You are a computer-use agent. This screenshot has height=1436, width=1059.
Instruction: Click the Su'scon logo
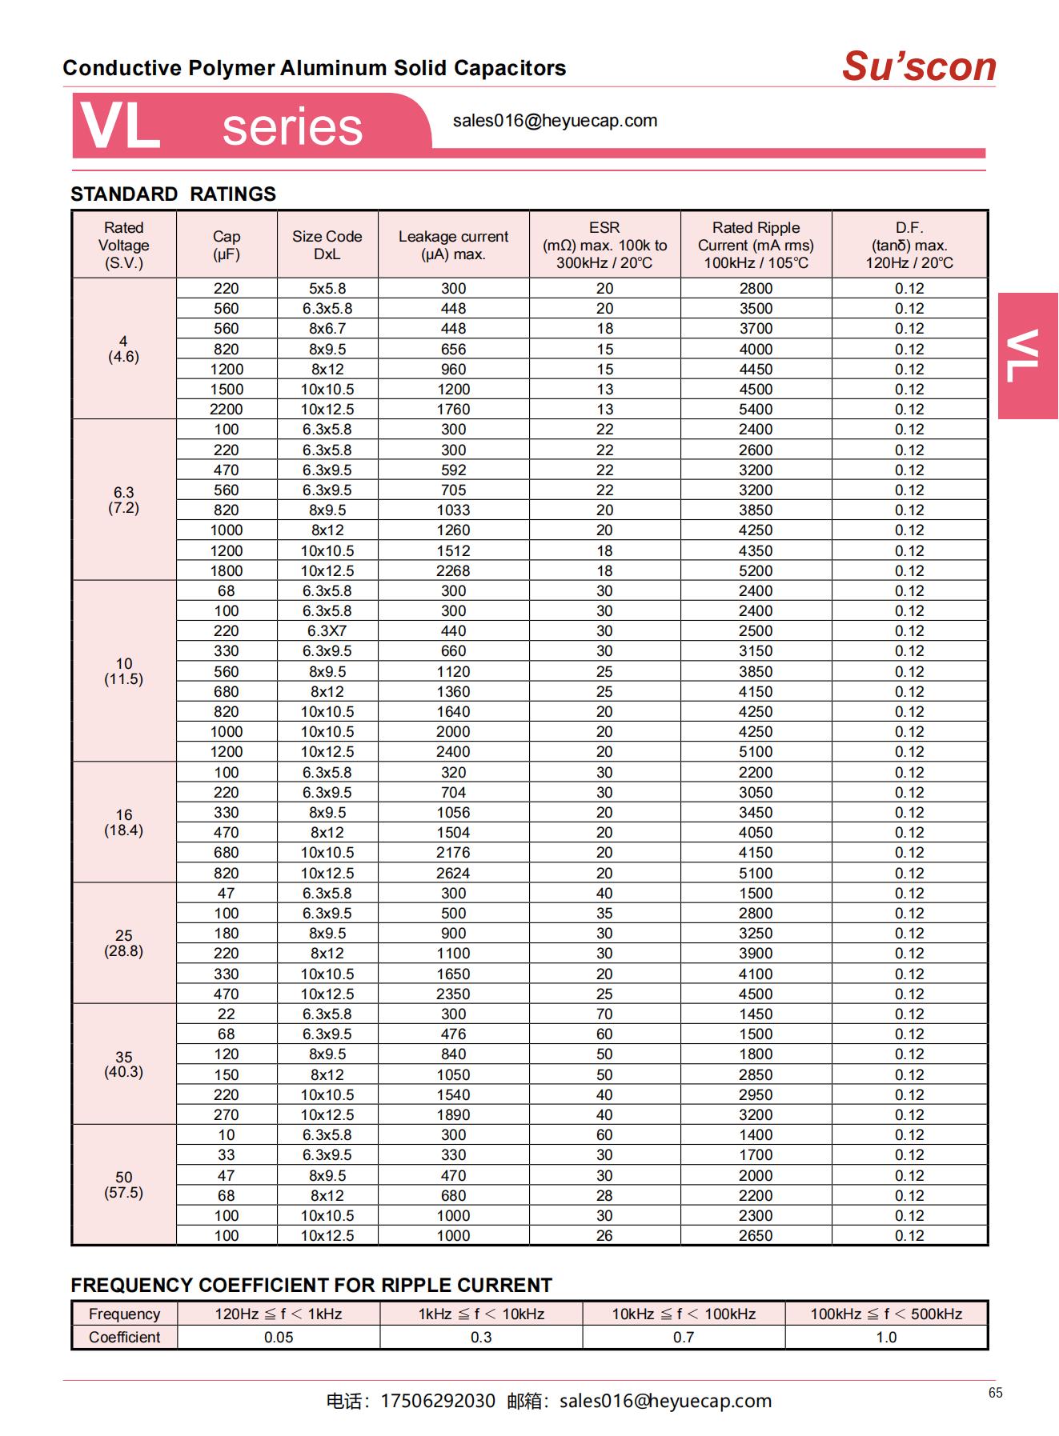pos(918,67)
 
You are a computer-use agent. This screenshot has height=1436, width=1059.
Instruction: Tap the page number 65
pos(995,1393)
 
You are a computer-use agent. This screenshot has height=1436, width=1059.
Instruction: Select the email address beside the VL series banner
pos(555,121)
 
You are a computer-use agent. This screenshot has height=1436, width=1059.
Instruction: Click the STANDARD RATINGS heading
pos(173,194)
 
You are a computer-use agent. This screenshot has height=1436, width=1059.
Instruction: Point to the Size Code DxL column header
pos(327,245)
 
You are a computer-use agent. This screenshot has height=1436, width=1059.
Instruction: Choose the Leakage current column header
pos(453,245)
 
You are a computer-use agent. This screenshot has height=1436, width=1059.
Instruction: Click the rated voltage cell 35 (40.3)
pos(124,1064)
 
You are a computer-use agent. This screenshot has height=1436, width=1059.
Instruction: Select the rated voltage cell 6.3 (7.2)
pos(124,500)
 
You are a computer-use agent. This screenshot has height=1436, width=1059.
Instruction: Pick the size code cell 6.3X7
pos(327,631)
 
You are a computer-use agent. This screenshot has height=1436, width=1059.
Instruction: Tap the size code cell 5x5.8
pos(327,289)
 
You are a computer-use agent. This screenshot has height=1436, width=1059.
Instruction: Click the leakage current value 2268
pos(453,571)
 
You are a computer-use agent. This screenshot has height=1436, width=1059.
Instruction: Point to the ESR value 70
pos(604,1014)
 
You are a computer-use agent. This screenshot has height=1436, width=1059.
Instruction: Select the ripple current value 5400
pos(756,410)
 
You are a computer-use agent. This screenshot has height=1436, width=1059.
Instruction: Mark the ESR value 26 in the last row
pos(604,1236)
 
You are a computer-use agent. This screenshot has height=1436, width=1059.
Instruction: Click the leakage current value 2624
pos(453,874)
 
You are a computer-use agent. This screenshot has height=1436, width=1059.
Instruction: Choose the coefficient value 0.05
pos(279,1338)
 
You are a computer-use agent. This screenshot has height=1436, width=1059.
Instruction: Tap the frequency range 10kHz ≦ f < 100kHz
pos(684,1314)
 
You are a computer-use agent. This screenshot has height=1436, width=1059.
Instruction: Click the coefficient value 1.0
pos(886,1338)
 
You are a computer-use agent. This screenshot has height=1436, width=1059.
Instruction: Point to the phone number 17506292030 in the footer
pos(438,1402)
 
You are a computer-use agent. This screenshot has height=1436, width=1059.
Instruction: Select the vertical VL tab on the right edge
pos(1027,356)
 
